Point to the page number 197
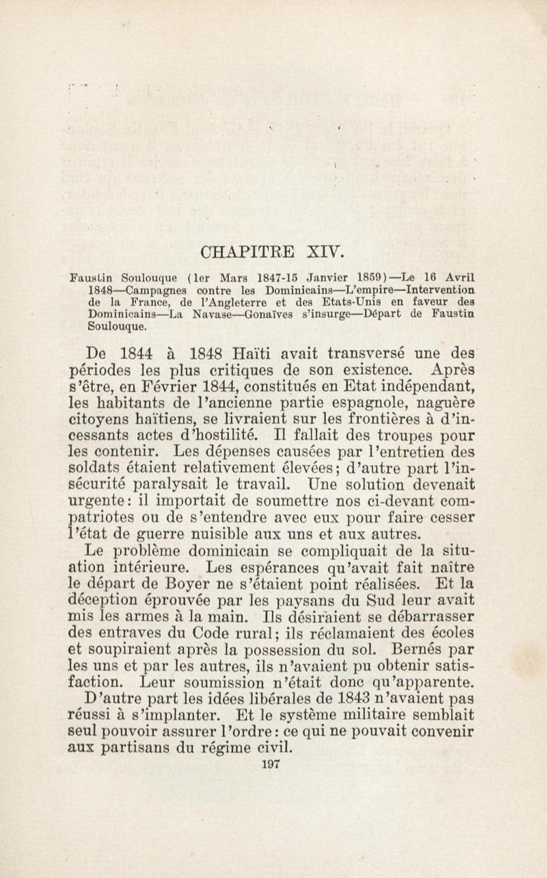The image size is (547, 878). (x=271, y=862)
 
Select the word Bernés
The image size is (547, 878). (x=414, y=649)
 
